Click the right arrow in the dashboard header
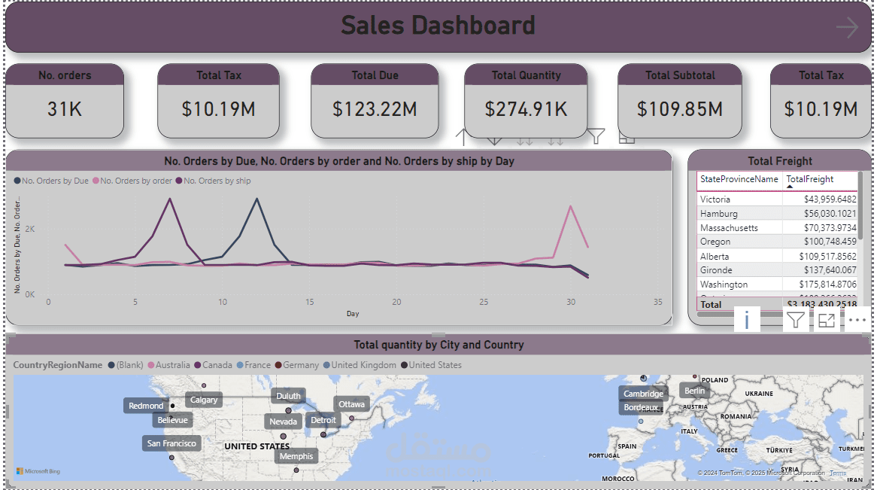[847, 28]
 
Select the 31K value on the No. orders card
[65, 109]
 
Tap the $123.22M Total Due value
[375, 109]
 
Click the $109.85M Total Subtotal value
[680, 109]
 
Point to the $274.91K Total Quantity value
[526, 109]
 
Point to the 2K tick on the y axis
[30, 229]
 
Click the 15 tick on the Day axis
[309, 302]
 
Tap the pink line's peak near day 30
[571, 206]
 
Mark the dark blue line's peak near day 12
[257, 199]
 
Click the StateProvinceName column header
[739, 179]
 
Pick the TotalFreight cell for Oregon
[819, 242]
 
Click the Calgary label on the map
[204, 400]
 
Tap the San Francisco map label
[171, 443]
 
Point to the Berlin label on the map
[695, 391]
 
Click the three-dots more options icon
[857, 320]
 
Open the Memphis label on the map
[296, 456]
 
